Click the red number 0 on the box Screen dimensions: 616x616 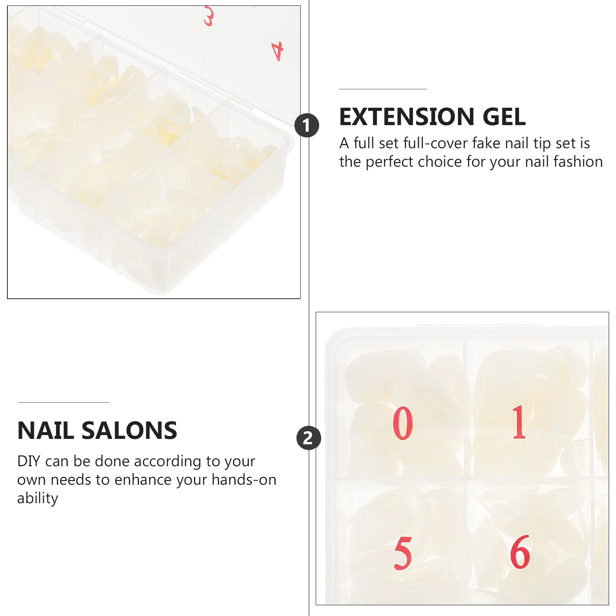[403, 423]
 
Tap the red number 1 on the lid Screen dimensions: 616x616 [519, 422]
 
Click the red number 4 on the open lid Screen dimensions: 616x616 [278, 51]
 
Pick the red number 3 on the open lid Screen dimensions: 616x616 [209, 16]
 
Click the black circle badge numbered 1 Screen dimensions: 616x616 [307, 125]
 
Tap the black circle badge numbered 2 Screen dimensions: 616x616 [308, 438]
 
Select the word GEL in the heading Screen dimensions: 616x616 [504, 117]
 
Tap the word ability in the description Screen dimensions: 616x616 [38, 498]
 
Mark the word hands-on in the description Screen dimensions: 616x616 [244, 480]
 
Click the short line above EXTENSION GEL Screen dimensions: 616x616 [383, 89]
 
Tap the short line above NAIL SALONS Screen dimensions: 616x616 [64, 402]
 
